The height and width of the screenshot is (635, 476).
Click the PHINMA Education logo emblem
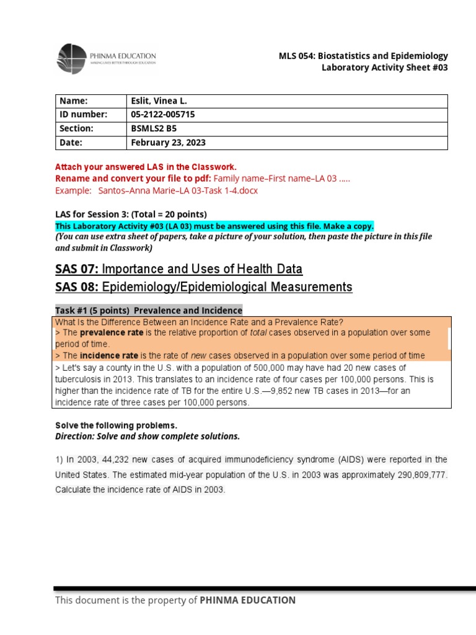click(x=72, y=60)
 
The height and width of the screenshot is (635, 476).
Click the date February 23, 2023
click(x=168, y=143)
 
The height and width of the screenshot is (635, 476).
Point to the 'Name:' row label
click(x=74, y=101)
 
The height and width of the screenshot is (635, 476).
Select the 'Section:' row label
click(x=76, y=128)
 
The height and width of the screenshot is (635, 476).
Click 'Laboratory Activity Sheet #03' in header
click(x=384, y=68)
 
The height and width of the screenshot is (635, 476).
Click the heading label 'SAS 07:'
click(x=77, y=269)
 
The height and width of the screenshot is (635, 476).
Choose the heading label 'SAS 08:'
click(x=77, y=287)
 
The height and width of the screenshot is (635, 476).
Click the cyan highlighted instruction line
click(x=214, y=226)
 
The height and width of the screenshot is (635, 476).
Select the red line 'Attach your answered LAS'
click(x=146, y=167)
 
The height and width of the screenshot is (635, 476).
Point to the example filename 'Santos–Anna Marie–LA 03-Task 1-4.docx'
click(x=178, y=190)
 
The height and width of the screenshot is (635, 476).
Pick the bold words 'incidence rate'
click(x=109, y=356)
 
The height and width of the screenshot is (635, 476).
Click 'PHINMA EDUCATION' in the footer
click(x=247, y=600)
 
